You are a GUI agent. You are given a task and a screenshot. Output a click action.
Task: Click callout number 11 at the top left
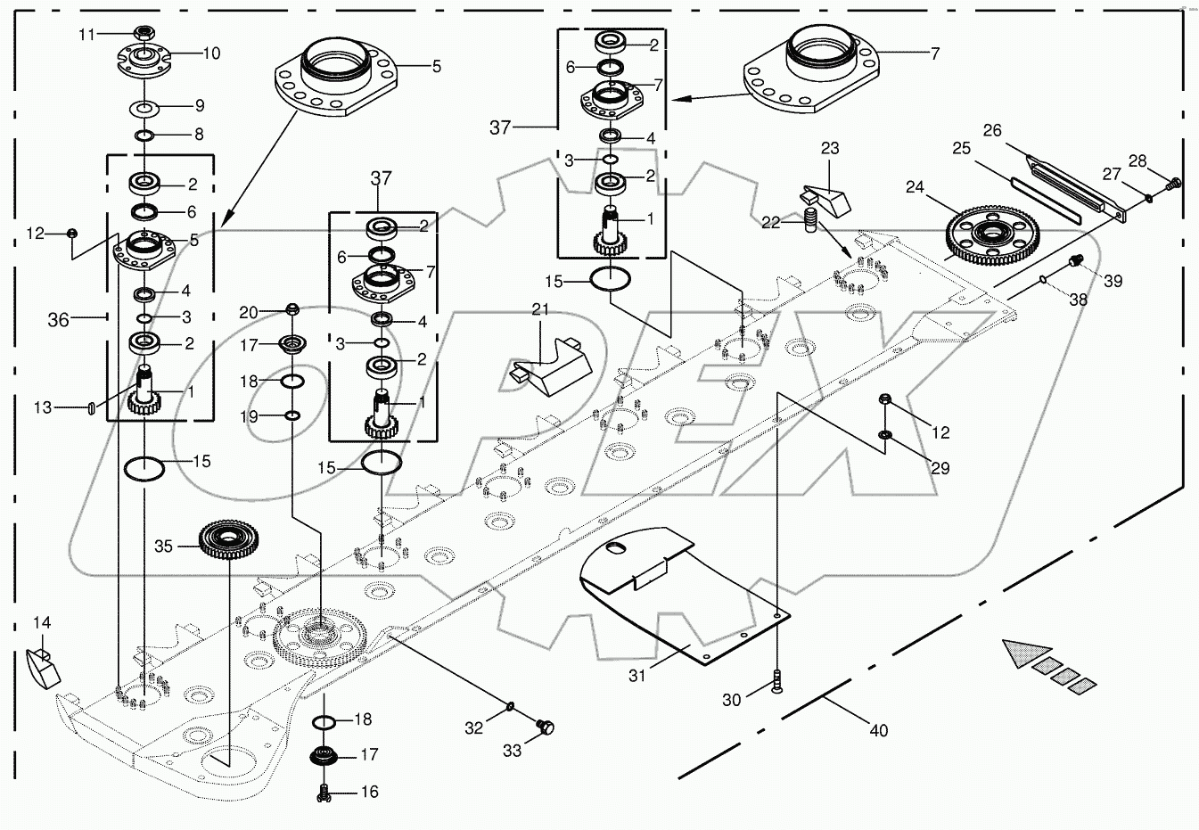pyautogui.click(x=86, y=34)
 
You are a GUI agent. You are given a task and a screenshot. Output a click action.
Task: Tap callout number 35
pyautogui.click(x=164, y=546)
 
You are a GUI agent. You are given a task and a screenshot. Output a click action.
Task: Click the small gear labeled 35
pyautogui.click(x=219, y=538)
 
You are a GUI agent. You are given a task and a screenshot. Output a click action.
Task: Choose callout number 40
pyautogui.click(x=879, y=731)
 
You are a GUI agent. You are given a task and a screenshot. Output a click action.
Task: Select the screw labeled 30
pyautogui.click(x=778, y=682)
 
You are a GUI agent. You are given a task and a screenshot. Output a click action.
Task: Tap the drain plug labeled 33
pyautogui.click(x=546, y=728)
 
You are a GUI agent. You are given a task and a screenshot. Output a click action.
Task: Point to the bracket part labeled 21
pyautogui.click(x=549, y=362)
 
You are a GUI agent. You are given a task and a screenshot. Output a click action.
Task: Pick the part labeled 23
pyautogui.click(x=825, y=199)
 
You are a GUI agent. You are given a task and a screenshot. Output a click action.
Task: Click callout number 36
pyautogui.click(x=59, y=319)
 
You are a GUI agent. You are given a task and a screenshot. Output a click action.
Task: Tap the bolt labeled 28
pyautogui.click(x=1172, y=183)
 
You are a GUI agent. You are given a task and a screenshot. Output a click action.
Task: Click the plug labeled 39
pyautogui.click(x=1076, y=261)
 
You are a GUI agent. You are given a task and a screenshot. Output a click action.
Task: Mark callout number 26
pyautogui.click(x=992, y=131)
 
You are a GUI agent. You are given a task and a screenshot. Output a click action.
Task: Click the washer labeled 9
pyautogui.click(x=144, y=108)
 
